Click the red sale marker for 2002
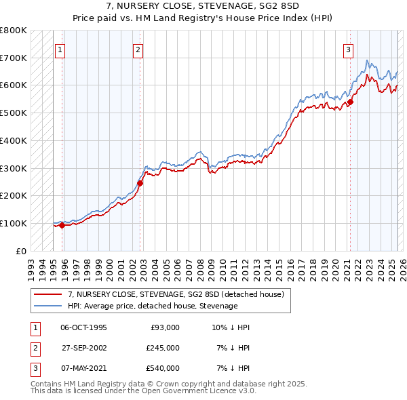tap(140, 183)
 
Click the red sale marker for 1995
tap(62, 225)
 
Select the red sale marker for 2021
tap(351, 102)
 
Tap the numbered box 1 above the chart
tap(60, 49)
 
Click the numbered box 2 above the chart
tap(138, 49)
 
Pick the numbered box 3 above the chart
tap(348, 49)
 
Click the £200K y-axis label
tap(14, 196)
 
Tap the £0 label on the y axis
tap(21, 251)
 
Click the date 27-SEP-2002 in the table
tap(83, 348)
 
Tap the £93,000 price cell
tap(164, 327)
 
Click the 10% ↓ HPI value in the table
tap(231, 327)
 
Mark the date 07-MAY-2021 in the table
tap(83, 368)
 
